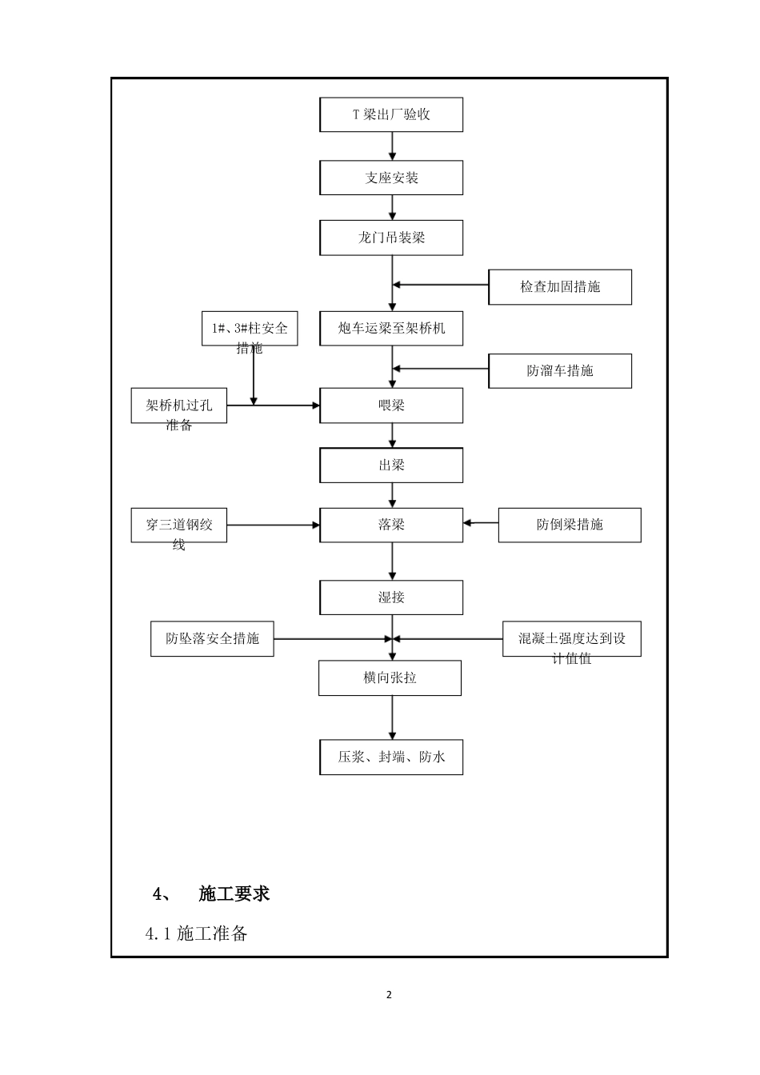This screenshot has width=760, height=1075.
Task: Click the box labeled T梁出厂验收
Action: coord(391,114)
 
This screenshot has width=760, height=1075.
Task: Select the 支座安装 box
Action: coord(391,178)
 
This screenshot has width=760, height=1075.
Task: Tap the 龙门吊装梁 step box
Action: coord(391,238)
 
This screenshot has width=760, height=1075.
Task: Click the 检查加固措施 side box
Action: coord(560,287)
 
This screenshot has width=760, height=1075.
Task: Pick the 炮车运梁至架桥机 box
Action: coord(391,328)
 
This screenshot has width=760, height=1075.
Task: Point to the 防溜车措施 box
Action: coord(560,371)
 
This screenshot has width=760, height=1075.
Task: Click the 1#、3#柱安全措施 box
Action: coord(249,329)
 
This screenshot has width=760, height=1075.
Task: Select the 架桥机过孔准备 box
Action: coord(179,406)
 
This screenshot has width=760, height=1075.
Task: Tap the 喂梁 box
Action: coord(391,406)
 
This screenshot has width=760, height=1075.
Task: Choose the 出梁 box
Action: coord(391,465)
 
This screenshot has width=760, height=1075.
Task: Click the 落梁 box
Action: coord(391,525)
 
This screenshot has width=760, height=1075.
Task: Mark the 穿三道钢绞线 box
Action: coord(179,526)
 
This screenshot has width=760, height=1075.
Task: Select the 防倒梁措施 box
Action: coord(570,525)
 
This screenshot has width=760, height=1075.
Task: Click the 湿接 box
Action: coord(391,597)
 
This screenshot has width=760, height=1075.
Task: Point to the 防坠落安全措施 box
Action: coord(212,639)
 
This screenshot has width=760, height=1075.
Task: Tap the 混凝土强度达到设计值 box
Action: coord(571,639)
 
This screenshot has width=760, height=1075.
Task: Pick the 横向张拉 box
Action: coord(390,678)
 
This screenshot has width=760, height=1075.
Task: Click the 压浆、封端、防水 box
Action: coord(391,757)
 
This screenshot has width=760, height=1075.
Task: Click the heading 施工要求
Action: coord(234,893)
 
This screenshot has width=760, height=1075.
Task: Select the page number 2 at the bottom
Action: coord(390,995)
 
